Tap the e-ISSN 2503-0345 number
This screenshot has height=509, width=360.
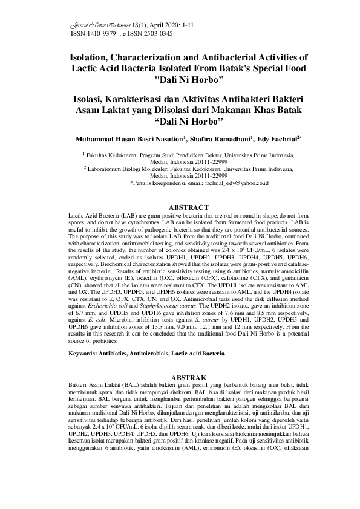coord(152,34)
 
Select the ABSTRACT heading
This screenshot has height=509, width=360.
coord(180,207)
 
